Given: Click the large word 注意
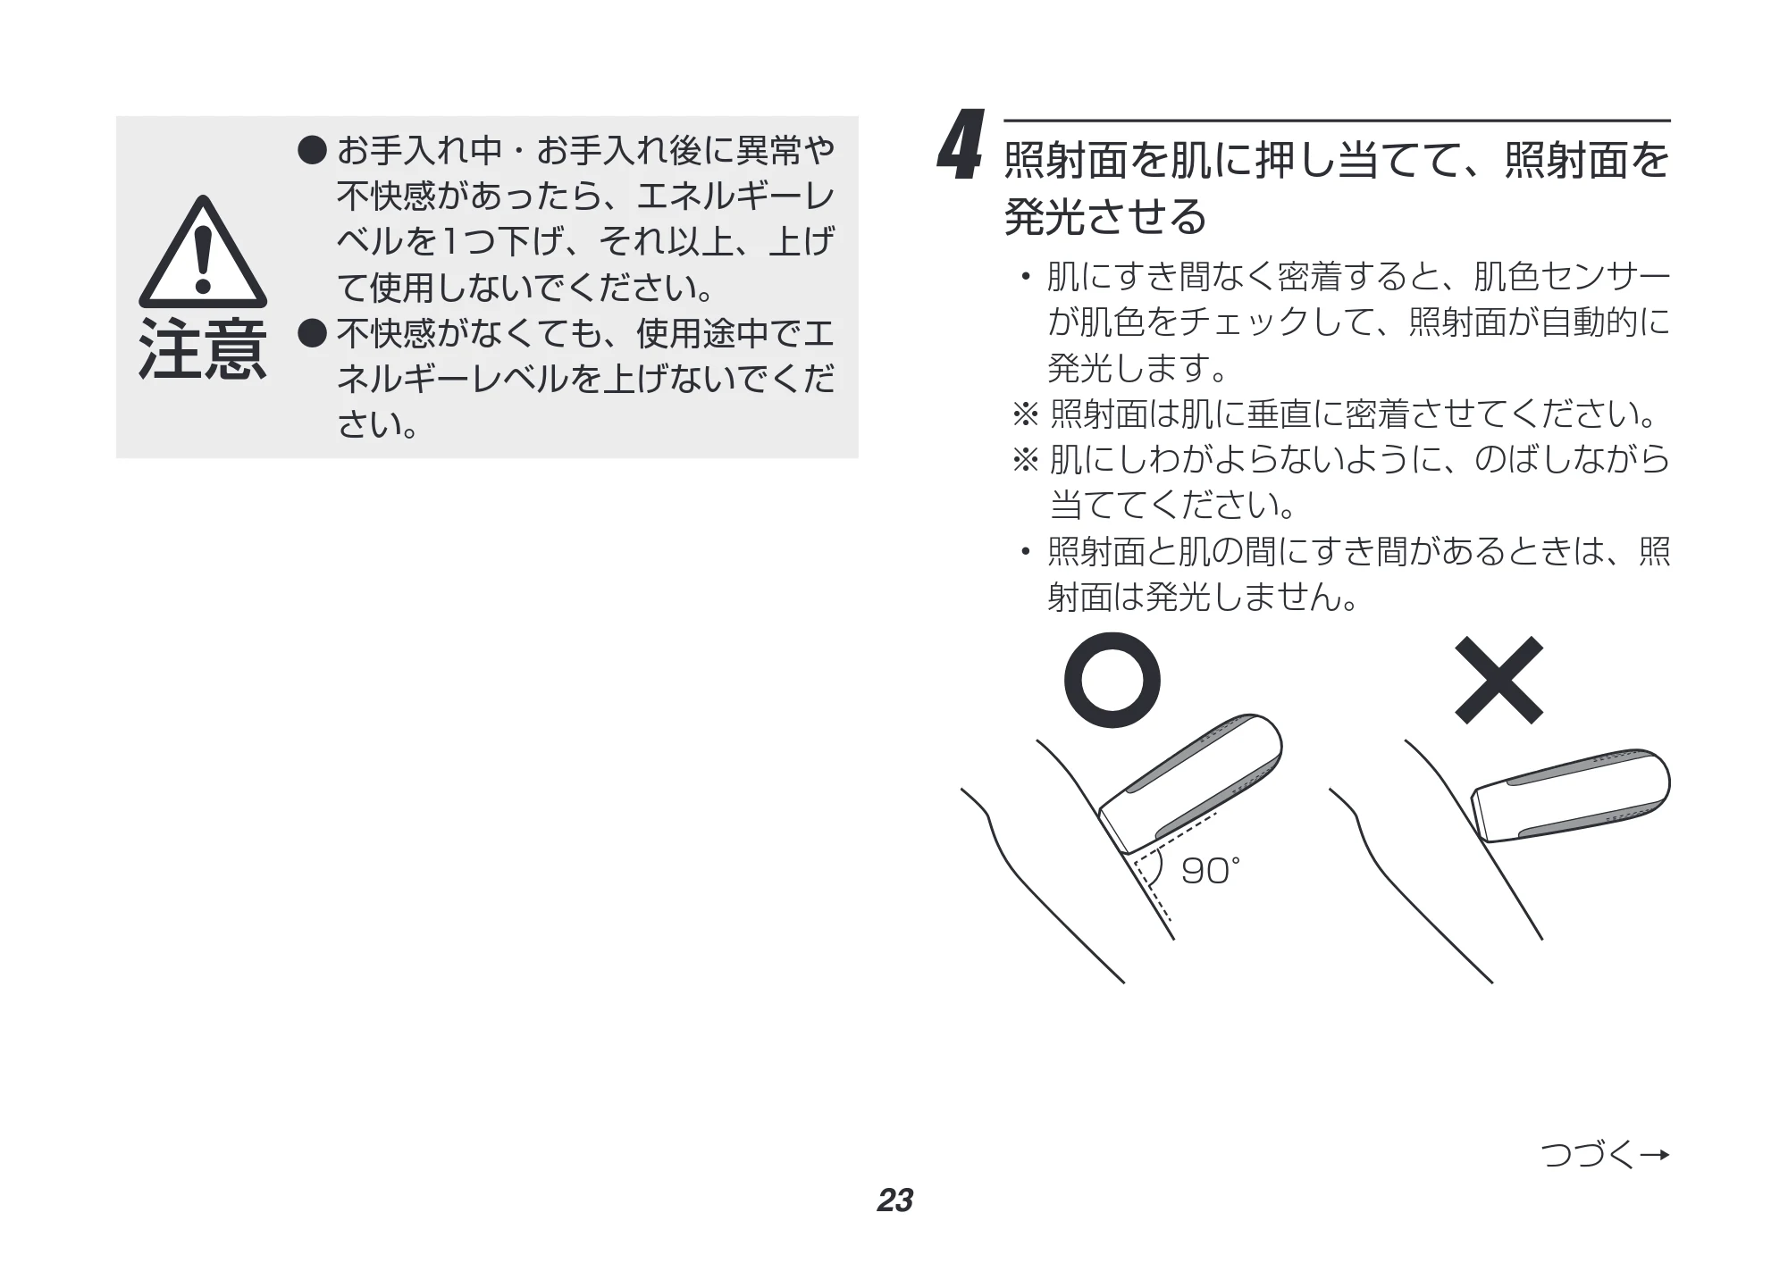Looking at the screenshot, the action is [x=204, y=349].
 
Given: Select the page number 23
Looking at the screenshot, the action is [x=894, y=1200].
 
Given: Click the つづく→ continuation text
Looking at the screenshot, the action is [x=1606, y=1154].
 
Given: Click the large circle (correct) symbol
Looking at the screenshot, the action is [x=1112, y=680].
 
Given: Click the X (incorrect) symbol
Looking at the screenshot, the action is [x=1498, y=680].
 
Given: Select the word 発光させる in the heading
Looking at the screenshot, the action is [x=1105, y=217].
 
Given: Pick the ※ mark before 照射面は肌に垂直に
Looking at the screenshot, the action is [x=1025, y=414].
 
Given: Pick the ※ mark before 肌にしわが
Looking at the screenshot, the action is [x=1025, y=460].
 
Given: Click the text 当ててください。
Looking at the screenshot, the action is [x=1172, y=506].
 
